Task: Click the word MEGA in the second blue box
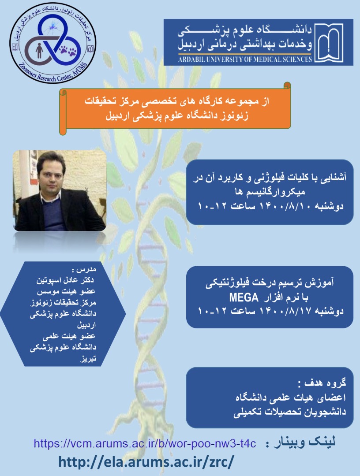244,297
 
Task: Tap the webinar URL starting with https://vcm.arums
145,443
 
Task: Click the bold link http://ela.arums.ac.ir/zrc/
146,462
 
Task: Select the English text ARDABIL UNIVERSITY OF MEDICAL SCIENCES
245,59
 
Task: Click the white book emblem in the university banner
329,43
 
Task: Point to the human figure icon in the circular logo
38,50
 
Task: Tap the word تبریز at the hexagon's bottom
88,358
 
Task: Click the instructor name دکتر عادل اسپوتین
65,280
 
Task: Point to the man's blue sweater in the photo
54,216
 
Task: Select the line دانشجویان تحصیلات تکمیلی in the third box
290,412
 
